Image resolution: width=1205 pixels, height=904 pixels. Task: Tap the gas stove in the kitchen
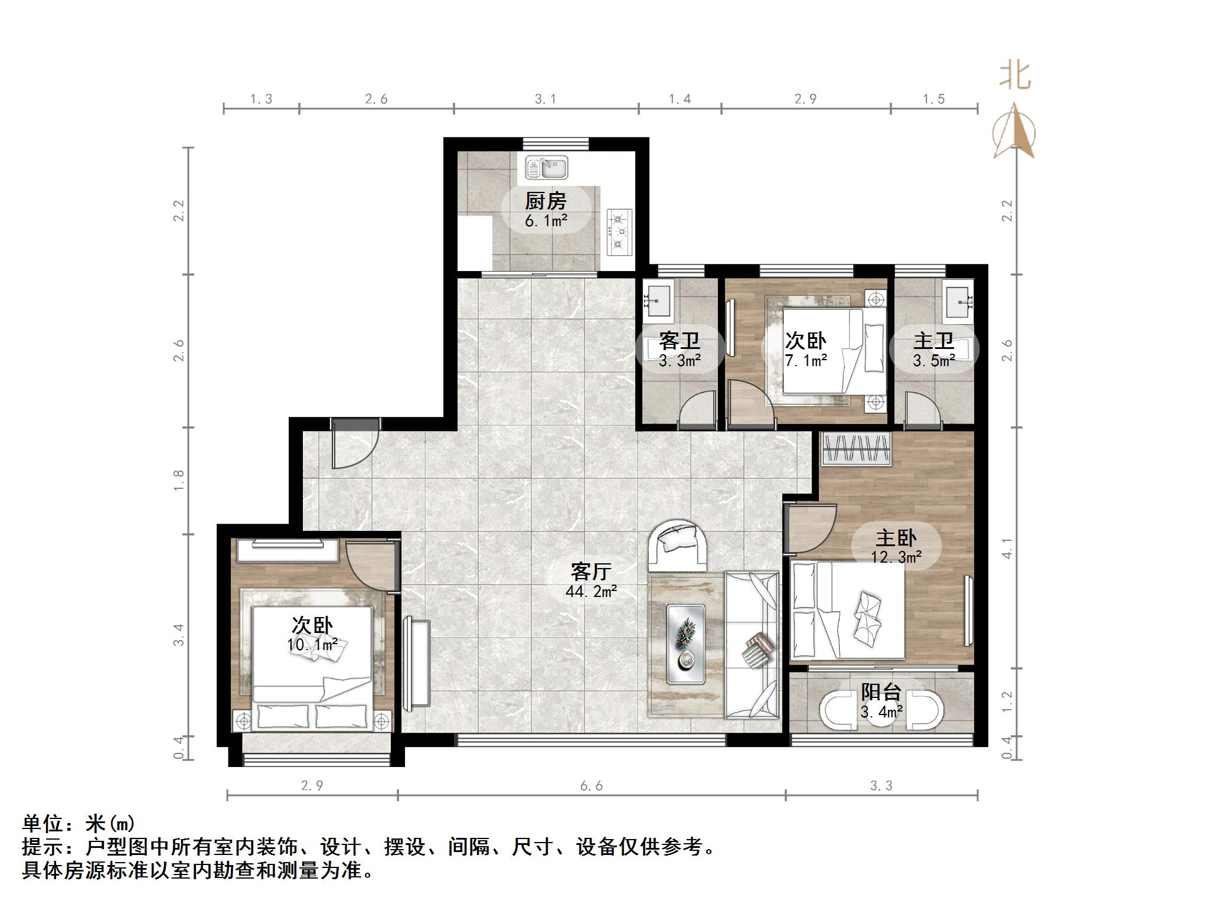[x=619, y=232]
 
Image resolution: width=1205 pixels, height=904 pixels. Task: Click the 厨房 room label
[x=546, y=201]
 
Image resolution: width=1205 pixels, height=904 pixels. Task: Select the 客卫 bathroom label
[x=679, y=341]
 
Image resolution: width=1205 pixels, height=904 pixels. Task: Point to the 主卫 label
[x=933, y=341]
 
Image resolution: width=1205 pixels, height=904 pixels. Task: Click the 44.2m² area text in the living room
[x=591, y=591]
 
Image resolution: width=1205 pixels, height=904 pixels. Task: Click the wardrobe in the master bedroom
[x=855, y=449]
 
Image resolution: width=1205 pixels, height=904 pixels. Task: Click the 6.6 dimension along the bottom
[x=591, y=786]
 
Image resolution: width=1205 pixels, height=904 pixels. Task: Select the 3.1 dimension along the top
[x=545, y=99]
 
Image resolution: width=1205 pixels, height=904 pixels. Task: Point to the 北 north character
[x=1015, y=77]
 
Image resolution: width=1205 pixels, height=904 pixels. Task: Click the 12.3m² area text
[x=896, y=557]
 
